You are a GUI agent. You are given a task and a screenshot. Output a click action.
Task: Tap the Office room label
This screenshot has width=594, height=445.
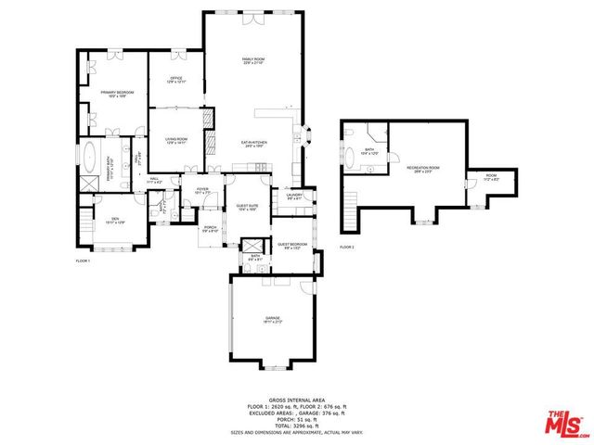coord(175,80)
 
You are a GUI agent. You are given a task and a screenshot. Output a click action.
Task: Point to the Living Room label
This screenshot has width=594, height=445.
coord(176,141)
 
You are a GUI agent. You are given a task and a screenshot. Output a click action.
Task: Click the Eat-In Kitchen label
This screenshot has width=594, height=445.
coord(254,143)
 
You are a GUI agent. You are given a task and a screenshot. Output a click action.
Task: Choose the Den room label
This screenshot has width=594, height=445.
coord(115,221)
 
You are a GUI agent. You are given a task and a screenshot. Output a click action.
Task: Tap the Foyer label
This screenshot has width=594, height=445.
coord(201,191)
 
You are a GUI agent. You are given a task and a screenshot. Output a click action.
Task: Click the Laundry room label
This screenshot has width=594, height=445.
coord(295,196)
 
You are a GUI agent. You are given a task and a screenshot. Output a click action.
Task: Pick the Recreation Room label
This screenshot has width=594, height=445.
coord(422,169)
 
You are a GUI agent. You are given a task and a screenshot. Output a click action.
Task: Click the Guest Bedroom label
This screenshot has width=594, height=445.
coord(291,246)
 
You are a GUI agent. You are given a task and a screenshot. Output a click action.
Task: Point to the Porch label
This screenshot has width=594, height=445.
coord(210,229)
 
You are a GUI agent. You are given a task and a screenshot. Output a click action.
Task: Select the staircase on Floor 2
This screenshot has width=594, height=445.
coord(350,210)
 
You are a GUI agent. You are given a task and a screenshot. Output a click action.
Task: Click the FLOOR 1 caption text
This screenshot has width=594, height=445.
coord(82,261)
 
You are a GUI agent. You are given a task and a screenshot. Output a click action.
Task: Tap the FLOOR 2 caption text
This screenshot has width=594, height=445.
coord(346,248)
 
